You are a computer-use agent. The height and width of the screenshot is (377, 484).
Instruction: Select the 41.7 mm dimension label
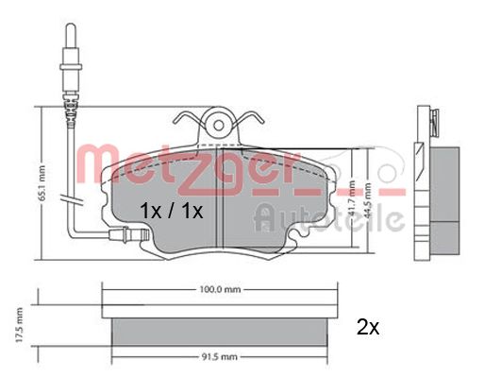click(x=352, y=188)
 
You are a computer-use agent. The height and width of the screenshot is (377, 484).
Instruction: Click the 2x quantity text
click(x=367, y=328)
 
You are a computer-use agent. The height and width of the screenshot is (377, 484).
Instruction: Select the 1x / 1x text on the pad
click(x=170, y=210)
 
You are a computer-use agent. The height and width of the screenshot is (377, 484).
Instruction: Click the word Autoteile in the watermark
click(x=329, y=220)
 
